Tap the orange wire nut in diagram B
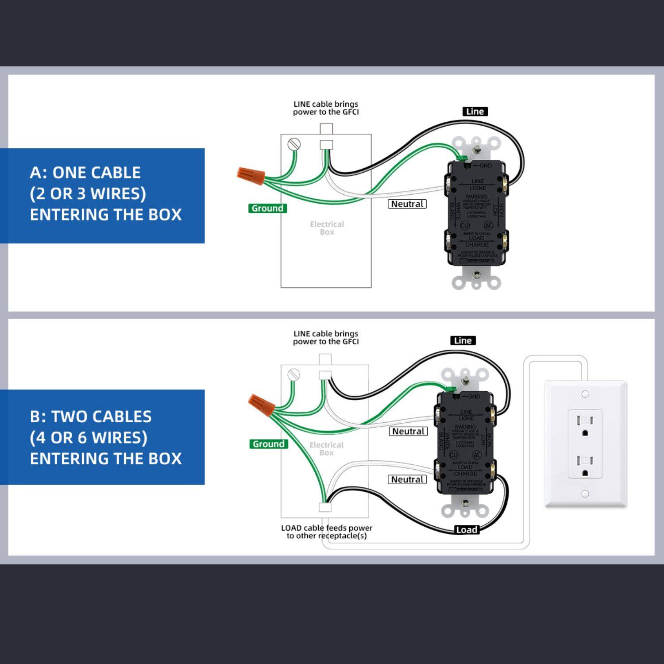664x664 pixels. (261, 404)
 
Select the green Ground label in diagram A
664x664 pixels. (267, 208)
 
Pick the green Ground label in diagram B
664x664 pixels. (268, 444)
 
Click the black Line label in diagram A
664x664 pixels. (475, 112)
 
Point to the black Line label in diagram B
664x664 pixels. (463, 340)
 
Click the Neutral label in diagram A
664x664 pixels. (407, 204)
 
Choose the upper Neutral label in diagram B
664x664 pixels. (408, 431)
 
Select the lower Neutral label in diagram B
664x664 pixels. (407, 479)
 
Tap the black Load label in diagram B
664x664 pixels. (467, 530)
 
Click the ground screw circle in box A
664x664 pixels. (294, 144)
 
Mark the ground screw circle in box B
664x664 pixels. (293, 375)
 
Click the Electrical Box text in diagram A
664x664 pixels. (327, 228)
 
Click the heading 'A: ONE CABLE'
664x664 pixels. (85, 173)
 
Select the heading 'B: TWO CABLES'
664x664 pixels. (91, 417)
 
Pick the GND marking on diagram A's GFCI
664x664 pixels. (485, 166)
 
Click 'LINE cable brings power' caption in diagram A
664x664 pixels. (326, 108)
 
